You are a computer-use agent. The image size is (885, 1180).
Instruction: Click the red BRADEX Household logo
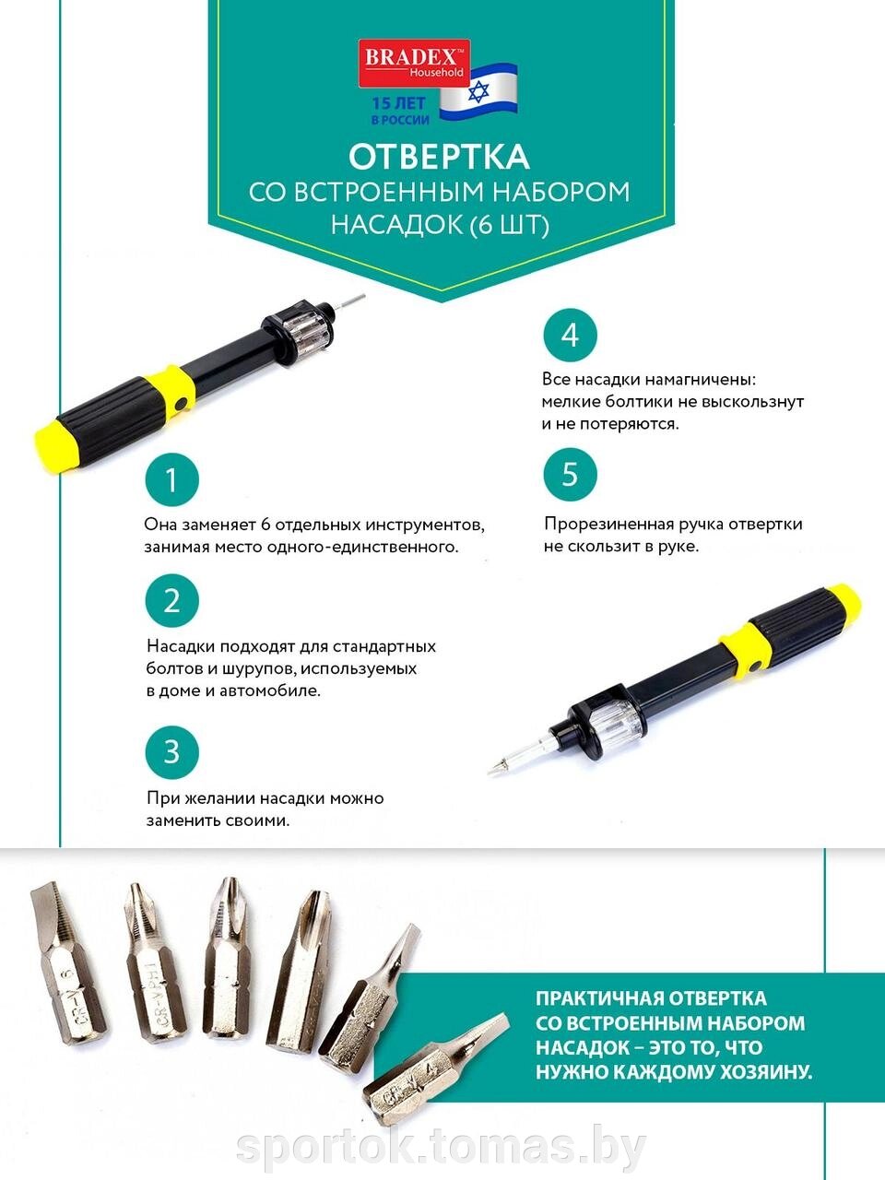(x=414, y=63)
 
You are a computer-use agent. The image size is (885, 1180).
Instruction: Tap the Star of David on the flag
(x=478, y=92)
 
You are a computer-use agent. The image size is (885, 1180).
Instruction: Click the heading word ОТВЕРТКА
(x=439, y=156)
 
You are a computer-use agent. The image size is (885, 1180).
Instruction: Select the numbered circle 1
(x=172, y=479)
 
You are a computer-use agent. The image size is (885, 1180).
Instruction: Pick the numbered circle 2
(x=172, y=600)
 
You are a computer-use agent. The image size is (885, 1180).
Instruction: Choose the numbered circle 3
(x=172, y=751)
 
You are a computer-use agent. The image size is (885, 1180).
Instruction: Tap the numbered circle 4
(x=570, y=335)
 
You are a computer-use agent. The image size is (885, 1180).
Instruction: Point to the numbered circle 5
(x=570, y=475)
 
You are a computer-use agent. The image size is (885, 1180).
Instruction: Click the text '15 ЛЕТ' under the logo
(x=398, y=102)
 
